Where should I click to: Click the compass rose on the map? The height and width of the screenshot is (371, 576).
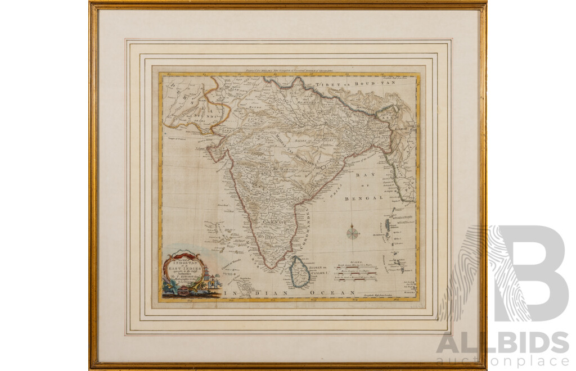click(353, 231)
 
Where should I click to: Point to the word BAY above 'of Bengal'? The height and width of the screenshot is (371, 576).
click(362, 175)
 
